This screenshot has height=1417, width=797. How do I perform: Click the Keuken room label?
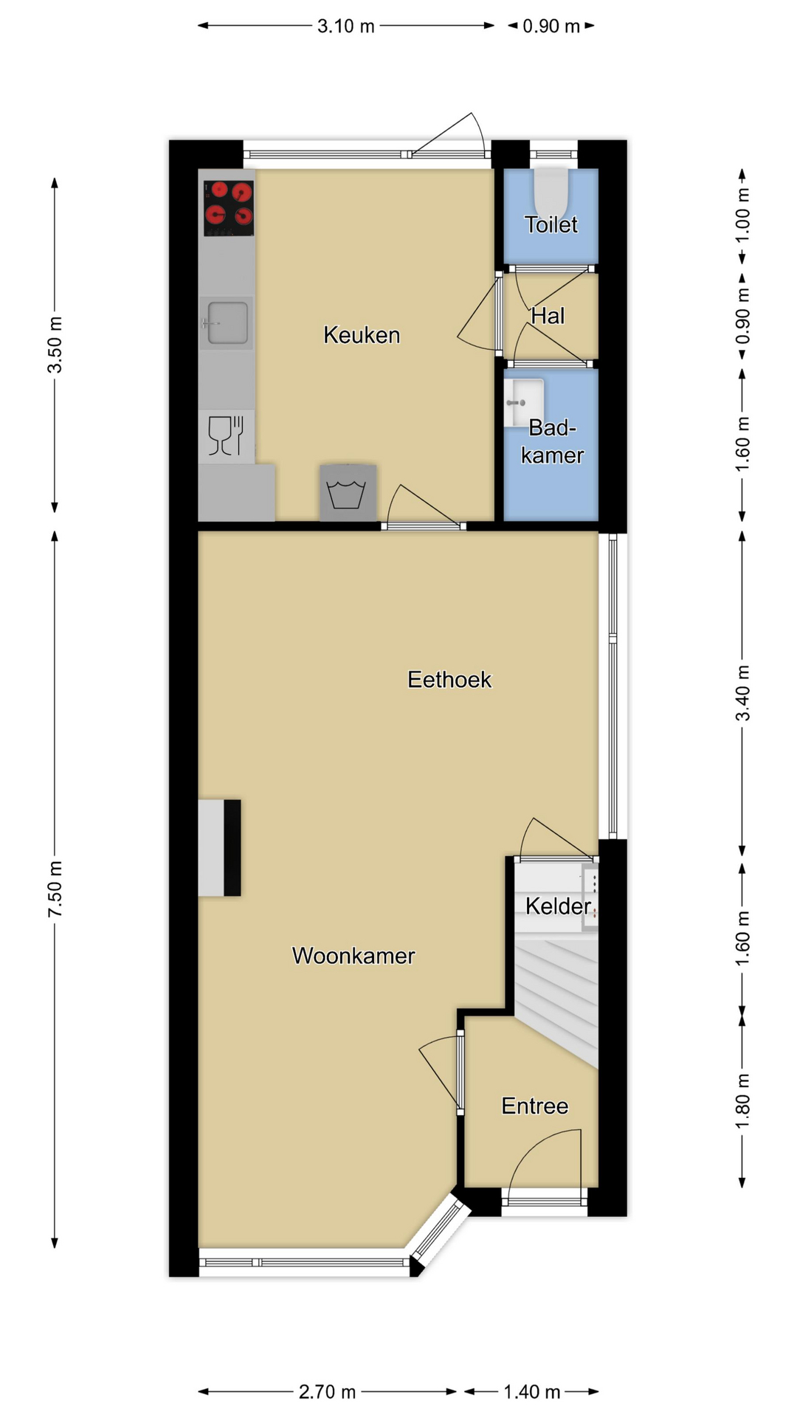362,335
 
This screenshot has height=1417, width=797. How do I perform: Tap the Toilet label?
551,224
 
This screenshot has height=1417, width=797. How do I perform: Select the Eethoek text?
449,679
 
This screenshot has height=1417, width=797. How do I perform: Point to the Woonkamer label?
353,956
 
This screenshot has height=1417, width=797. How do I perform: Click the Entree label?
535,1106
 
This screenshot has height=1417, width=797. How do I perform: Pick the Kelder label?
559,906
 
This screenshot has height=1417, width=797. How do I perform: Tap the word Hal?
548,316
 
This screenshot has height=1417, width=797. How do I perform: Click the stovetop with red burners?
229,209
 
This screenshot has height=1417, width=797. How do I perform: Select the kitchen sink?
227,323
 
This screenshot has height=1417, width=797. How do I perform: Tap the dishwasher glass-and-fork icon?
227,436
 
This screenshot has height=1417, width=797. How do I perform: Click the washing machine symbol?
348,493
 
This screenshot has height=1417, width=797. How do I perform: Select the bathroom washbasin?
524,403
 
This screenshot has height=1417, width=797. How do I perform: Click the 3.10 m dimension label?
346,27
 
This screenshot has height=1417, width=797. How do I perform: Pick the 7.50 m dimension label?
55,889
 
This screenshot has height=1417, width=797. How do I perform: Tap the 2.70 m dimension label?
327,1392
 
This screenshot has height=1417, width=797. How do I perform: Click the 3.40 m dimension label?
743,693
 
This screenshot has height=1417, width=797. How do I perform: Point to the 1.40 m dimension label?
532,1392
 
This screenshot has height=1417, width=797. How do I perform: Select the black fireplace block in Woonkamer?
232,848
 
